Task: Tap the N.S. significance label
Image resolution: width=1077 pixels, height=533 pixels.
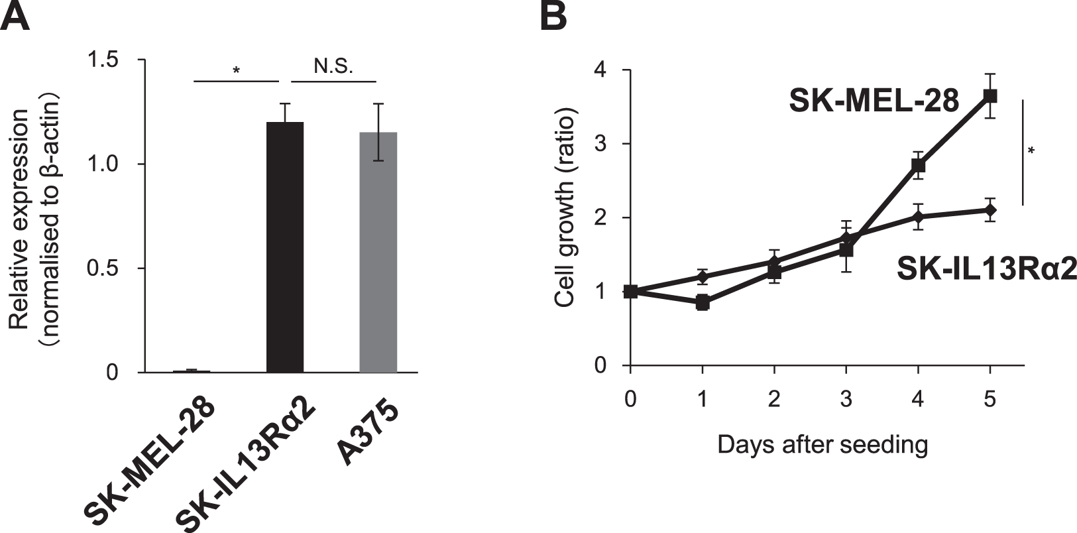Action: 333,67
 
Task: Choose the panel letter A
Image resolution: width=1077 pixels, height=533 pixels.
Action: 16,16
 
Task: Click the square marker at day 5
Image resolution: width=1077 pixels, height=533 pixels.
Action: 990,95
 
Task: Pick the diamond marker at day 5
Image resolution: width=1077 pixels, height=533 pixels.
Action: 990,211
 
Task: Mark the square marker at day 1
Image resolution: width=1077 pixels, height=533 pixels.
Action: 703,303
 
